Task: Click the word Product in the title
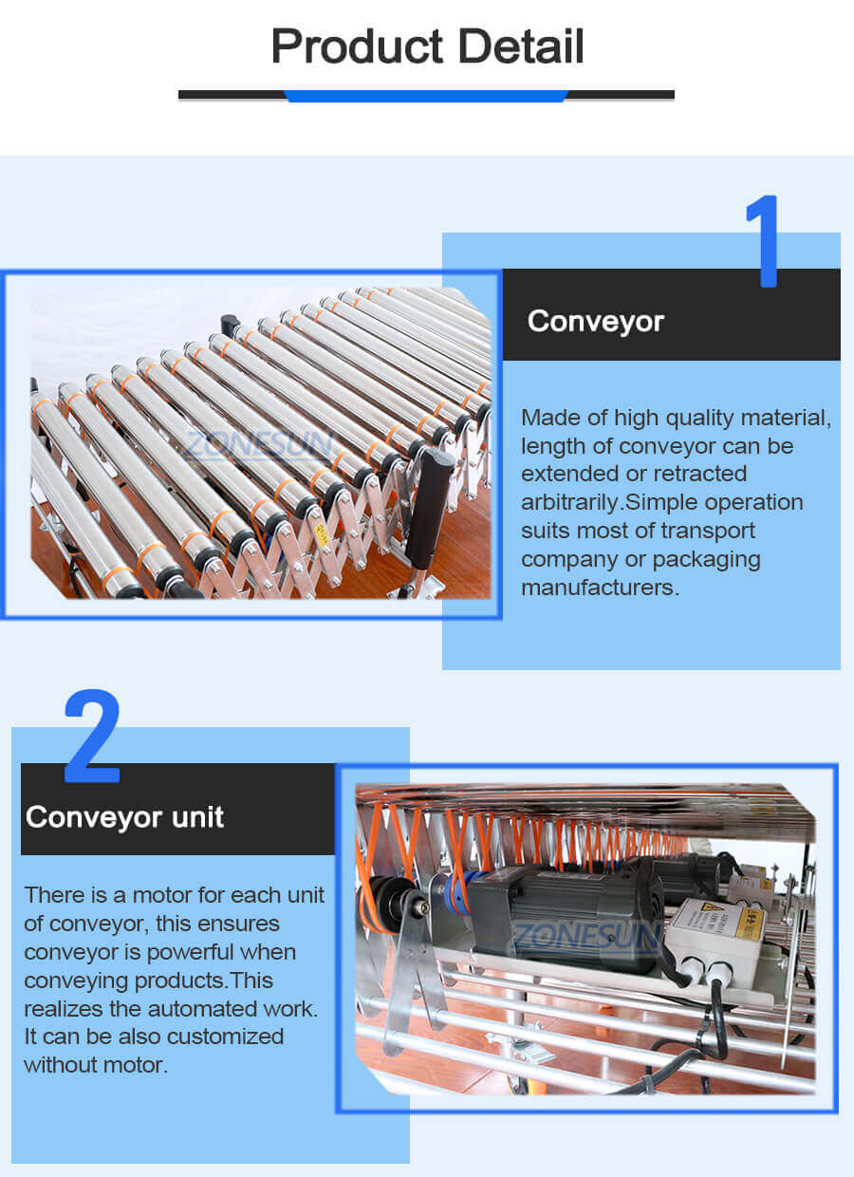343,47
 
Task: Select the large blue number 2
92,738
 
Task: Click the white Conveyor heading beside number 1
595,321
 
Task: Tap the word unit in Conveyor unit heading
198,817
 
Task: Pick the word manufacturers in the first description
600,588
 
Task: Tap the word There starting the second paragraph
53,895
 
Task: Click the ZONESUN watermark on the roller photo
258,443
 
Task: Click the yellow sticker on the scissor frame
321,534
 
